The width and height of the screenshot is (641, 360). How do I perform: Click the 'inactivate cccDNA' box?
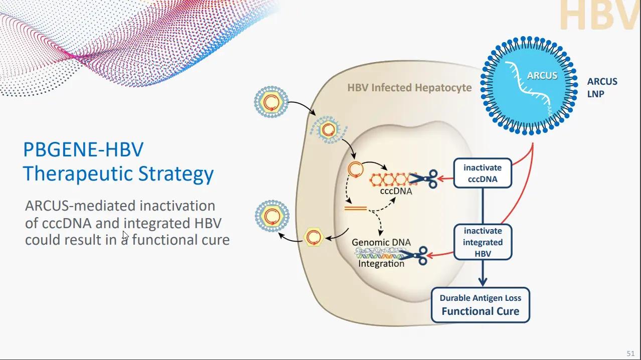pos(482,173)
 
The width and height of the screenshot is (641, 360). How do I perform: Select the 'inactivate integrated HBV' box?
pos(482,242)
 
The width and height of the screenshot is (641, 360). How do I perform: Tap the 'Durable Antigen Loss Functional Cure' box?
pos(480,305)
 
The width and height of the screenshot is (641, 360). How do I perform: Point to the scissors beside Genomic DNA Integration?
pos(416,255)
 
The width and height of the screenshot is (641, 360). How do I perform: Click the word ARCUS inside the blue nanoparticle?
pos(542,76)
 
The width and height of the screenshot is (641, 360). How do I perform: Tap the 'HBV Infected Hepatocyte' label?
pos(409,88)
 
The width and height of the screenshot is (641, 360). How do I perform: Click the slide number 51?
pos(630,353)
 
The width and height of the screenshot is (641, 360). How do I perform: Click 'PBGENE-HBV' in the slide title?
pos(83,150)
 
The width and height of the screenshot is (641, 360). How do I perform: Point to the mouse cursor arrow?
pos(125,236)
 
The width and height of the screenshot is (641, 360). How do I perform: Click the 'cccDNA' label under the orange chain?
pos(396,191)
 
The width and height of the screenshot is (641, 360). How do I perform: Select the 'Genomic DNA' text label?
pos(381,242)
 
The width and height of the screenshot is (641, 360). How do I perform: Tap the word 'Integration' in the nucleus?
pos(381,264)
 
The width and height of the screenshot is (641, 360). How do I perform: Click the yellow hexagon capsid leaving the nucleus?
pos(314,236)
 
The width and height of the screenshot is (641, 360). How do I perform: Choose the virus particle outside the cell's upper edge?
pos(271,102)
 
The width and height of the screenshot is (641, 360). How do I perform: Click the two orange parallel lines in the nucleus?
pos(355,208)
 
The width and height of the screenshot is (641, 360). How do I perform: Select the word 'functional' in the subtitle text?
pos(165,240)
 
